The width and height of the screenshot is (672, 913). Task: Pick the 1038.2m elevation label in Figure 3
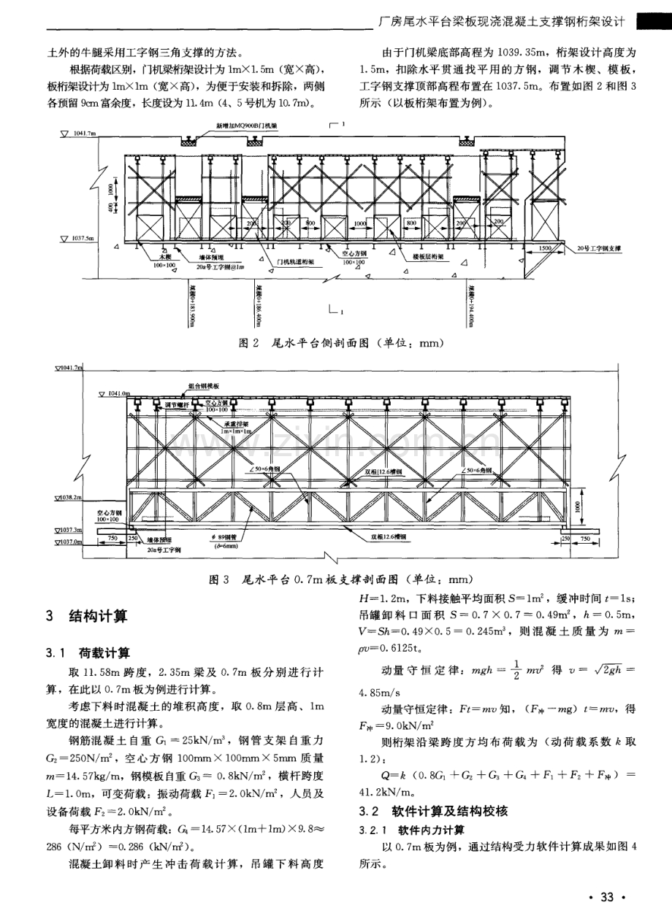(x=69, y=498)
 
